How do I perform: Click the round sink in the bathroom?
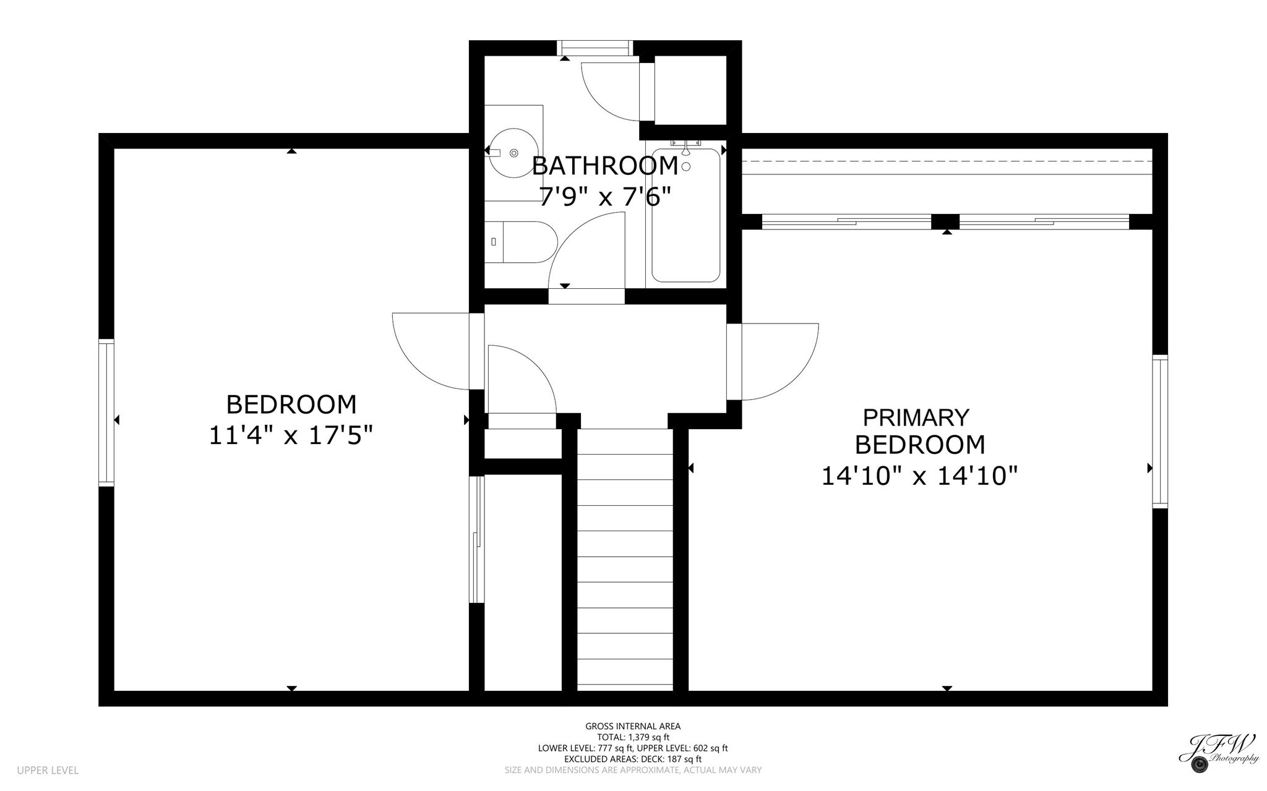tap(513, 152)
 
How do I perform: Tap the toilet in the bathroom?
tap(523, 242)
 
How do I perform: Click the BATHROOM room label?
tap(604, 166)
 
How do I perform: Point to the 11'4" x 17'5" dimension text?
tap(291, 435)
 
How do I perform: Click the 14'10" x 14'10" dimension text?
tap(919, 476)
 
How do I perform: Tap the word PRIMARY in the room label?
tap(916, 417)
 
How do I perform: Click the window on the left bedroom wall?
tap(106, 412)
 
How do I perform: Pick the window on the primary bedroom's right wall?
tap(1160, 432)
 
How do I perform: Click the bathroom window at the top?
tap(595, 48)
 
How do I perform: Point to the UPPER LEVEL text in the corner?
tap(48, 771)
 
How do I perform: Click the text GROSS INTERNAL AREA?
tap(633, 726)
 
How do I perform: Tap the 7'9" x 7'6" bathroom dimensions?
tap(604, 197)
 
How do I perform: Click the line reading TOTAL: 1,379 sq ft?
tap(633, 737)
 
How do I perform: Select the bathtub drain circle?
tap(685, 166)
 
